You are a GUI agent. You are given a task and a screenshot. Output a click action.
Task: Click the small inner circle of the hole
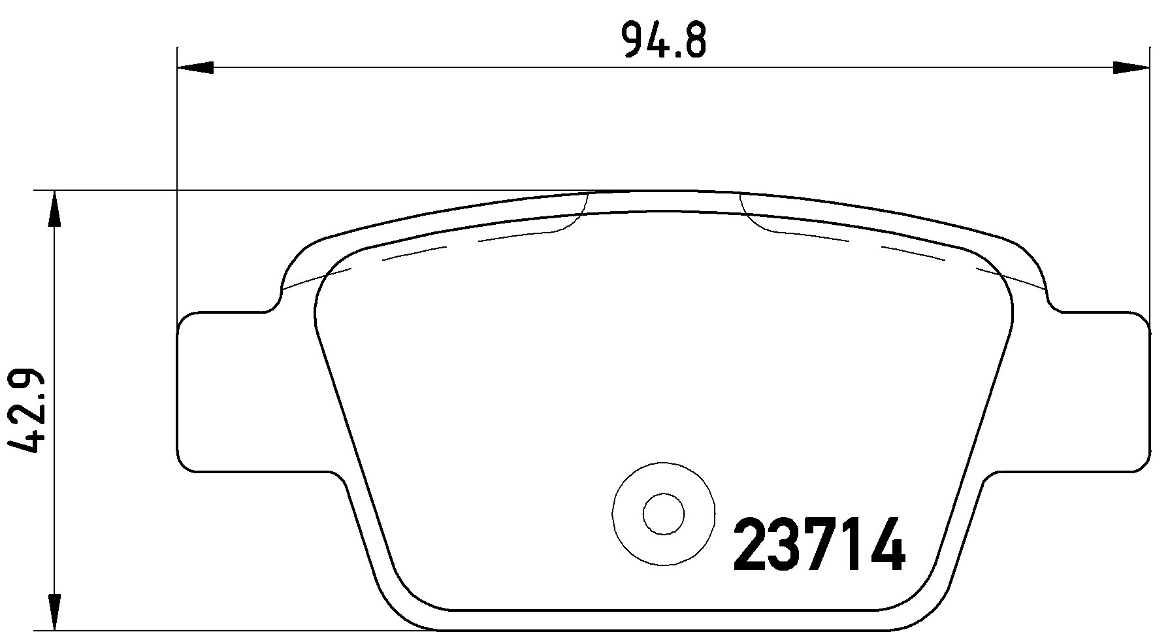click(x=663, y=514)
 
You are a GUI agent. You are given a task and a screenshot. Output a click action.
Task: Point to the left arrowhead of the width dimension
click(x=196, y=67)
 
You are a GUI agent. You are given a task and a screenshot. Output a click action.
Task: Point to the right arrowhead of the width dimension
click(x=1130, y=67)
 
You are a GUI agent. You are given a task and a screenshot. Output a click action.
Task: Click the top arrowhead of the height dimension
click(x=55, y=209)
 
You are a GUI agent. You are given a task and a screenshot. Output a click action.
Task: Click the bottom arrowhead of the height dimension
click(x=55, y=612)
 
